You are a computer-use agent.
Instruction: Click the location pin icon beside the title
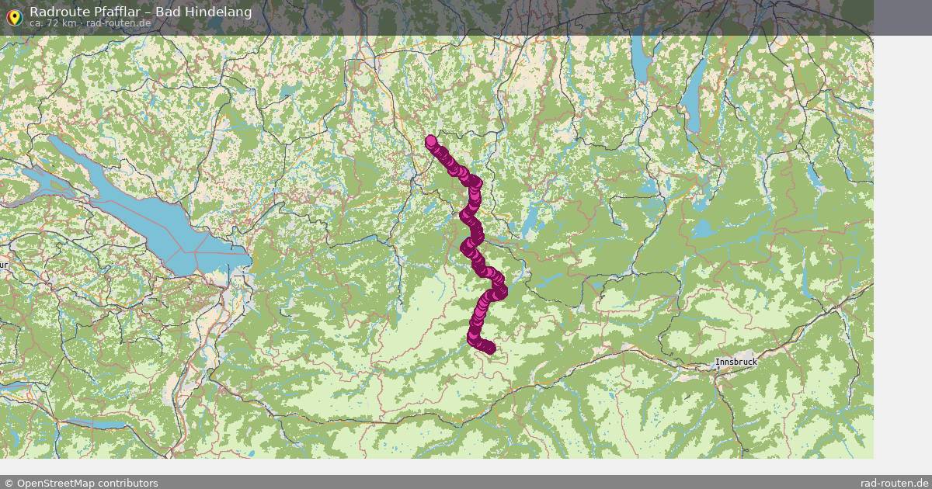pyautogui.click(x=14, y=16)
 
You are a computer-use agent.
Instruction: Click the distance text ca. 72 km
pyautogui.click(x=53, y=23)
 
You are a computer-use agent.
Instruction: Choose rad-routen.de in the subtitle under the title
pyautogui.click(x=118, y=23)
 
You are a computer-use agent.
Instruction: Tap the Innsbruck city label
pyautogui.click(x=736, y=362)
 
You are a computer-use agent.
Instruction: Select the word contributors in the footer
pyautogui.click(x=128, y=483)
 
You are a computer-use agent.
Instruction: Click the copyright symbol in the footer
pyautogui.click(x=9, y=483)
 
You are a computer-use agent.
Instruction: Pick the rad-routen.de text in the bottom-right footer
pyautogui.click(x=894, y=483)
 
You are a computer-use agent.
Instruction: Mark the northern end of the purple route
pyautogui.click(x=431, y=140)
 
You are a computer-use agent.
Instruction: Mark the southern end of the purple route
pyautogui.click(x=489, y=349)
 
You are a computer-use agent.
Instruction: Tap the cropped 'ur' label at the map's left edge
pyautogui.click(x=3, y=265)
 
